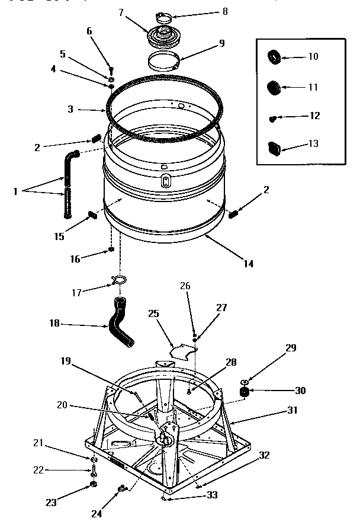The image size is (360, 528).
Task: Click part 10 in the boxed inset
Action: [275, 57]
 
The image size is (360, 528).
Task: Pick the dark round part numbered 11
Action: [274, 88]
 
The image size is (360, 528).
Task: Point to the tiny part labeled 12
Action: [273, 119]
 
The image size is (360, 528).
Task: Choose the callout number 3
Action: [70, 110]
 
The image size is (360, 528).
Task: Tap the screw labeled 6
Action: [110, 72]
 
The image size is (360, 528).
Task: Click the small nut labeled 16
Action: [111, 249]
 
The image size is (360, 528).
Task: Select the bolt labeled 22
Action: [93, 472]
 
